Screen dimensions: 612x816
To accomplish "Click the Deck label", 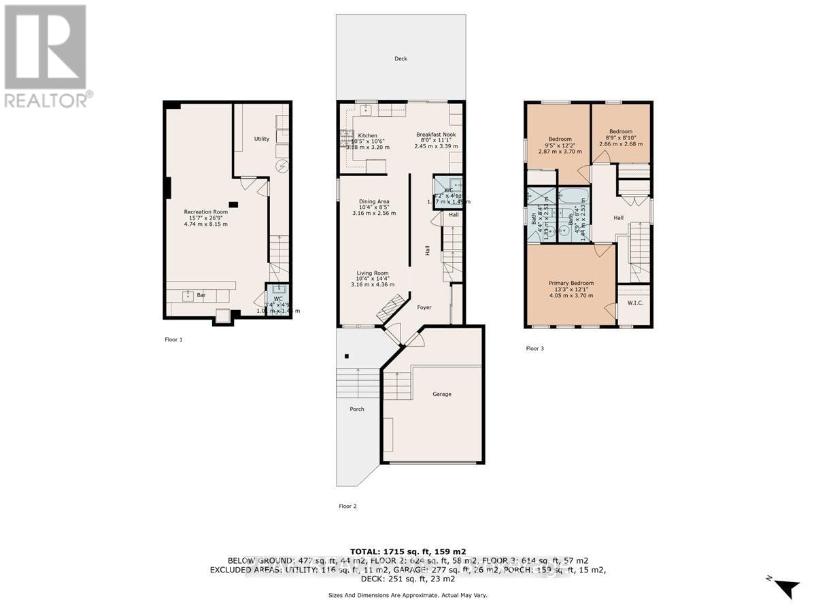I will (401, 59).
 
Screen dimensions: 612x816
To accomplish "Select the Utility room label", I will (262, 139).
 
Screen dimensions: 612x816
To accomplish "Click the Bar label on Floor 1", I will (201, 296).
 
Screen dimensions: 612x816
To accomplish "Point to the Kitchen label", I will (368, 135).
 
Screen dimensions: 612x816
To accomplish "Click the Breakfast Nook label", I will (436, 135).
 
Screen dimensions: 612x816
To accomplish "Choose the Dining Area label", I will (374, 201).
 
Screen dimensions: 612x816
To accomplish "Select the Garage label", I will (442, 394).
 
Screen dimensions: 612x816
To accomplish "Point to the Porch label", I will (357, 409).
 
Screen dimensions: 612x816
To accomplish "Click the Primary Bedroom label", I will (571, 283).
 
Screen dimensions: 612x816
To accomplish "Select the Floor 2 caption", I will (347, 506).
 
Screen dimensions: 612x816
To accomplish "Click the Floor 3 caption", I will (535, 348).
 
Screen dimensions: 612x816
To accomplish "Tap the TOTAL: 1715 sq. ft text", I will (408, 551).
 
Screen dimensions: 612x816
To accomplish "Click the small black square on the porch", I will (347, 356).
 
